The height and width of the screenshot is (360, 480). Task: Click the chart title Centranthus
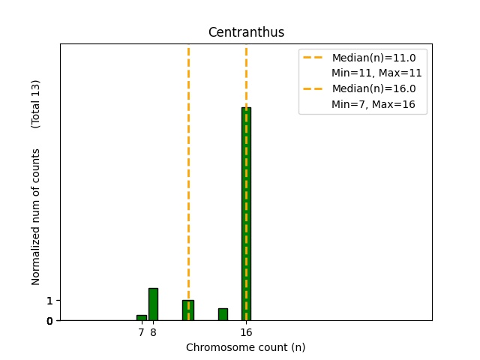pyautogui.click(x=246, y=32)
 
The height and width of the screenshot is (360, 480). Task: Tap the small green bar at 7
pyautogui.click(x=141, y=318)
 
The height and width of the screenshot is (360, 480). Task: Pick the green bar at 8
pyautogui.click(x=153, y=304)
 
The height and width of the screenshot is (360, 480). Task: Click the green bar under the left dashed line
pyautogui.click(x=188, y=310)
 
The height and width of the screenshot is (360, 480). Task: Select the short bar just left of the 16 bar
pyautogui.click(x=223, y=314)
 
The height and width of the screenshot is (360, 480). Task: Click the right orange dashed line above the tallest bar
pyautogui.click(x=246, y=75)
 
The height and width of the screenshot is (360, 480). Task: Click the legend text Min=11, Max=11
pyautogui.click(x=376, y=73)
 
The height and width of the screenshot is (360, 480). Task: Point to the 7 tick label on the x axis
pyautogui.click(x=141, y=331)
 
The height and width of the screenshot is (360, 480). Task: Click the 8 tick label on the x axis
pyautogui.click(x=153, y=331)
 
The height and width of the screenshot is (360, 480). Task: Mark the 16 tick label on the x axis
pyautogui.click(x=246, y=331)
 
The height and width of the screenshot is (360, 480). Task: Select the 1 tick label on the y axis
pyautogui.click(x=49, y=301)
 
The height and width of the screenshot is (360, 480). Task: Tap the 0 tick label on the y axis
pyautogui.click(x=49, y=321)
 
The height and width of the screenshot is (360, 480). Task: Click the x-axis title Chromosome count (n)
pyautogui.click(x=246, y=347)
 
